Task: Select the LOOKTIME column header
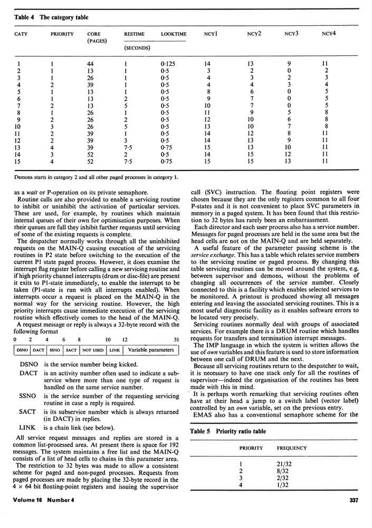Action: [x=173, y=34]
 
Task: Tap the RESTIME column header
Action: [x=134, y=34]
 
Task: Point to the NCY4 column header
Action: [x=329, y=34]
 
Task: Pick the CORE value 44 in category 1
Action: [x=90, y=63]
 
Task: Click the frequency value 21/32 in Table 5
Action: [x=284, y=465]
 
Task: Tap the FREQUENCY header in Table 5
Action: [x=292, y=448]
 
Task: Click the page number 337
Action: [x=355, y=501]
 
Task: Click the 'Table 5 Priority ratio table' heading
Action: [x=227, y=431]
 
